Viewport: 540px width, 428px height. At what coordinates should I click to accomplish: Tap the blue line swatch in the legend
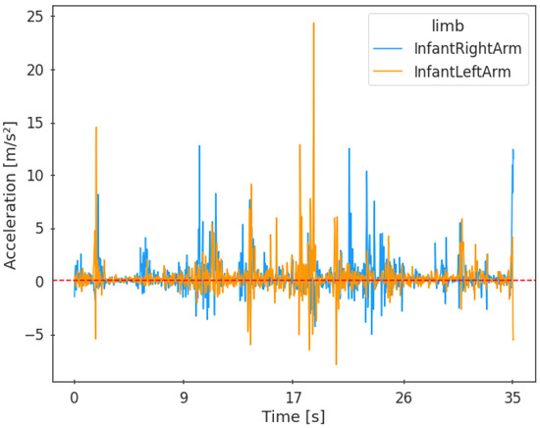387,48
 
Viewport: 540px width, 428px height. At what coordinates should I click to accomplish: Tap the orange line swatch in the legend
387,71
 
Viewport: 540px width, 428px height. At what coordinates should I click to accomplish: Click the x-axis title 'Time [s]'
293,416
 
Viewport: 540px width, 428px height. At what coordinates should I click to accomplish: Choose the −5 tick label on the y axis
30,335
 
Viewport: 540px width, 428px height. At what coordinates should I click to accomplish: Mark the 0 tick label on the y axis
36,282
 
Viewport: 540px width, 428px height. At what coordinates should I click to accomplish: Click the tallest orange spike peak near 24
314,24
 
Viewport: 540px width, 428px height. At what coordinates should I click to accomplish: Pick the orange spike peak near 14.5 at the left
96,128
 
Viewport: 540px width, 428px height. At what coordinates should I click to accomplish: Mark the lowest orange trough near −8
336,364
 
